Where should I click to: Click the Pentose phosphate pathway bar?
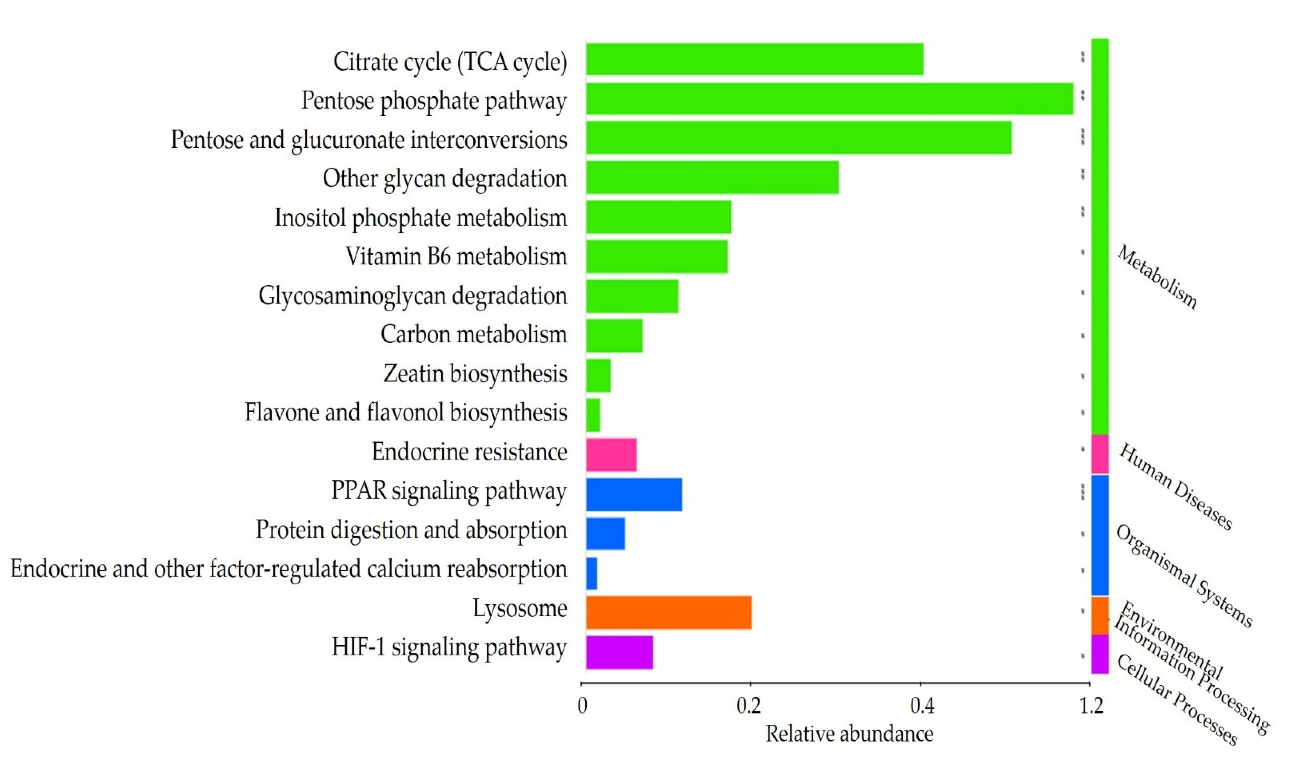[829, 99]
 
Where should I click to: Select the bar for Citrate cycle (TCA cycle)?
[754, 59]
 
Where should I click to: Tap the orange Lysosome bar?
[668, 613]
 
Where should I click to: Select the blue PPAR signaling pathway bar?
[634, 494]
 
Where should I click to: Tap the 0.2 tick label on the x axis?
[749, 705]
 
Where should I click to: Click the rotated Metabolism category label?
[1157, 277]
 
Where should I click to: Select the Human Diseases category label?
[1175, 487]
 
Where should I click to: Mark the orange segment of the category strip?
[1100, 615]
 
